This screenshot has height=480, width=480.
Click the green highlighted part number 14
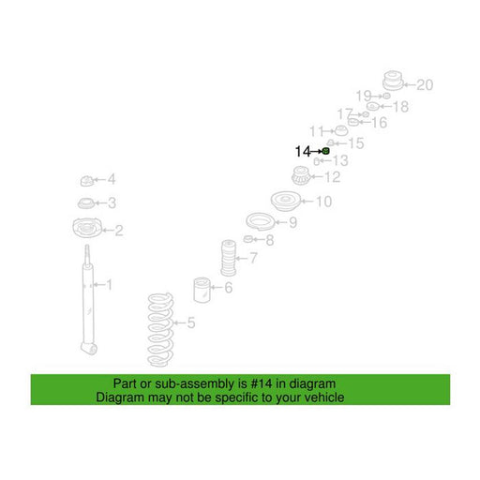325,152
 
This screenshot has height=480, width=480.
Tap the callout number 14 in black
303,152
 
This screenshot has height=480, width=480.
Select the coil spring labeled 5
160,330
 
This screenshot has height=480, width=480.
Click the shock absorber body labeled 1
88,300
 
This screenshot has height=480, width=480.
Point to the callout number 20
425,85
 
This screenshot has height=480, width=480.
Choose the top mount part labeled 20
393,81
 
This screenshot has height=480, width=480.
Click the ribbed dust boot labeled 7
229,258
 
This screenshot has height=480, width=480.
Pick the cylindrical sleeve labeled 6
202,290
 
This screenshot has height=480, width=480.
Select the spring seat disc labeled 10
286,202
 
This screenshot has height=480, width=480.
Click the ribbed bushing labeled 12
301,175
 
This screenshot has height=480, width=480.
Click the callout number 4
112,179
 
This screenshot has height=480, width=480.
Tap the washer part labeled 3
85,203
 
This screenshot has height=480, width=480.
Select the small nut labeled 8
247,239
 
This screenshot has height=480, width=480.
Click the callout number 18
400,107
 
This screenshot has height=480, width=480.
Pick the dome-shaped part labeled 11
341,131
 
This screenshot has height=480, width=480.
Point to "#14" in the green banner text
262,383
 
